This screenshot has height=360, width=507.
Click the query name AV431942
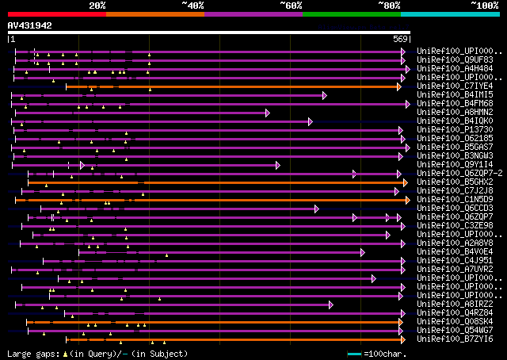[30, 25]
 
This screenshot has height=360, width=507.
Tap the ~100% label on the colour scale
[484, 6]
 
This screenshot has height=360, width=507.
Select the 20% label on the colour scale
[97, 6]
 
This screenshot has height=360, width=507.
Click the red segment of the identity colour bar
[55, 13]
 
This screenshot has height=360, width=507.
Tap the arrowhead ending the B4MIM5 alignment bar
[325, 95]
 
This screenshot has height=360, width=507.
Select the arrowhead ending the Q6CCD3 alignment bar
[316, 209]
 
